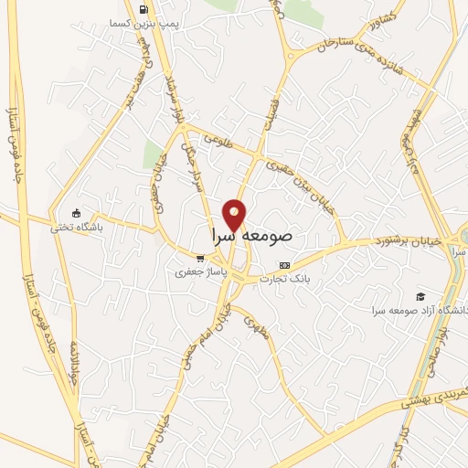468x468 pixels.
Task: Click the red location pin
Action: [236, 214]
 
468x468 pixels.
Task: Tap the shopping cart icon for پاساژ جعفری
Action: [200, 259]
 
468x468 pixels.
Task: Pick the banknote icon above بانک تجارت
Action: [285, 264]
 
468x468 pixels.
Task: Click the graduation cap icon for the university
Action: [420, 296]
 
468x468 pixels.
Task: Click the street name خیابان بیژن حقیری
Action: [302, 184]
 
